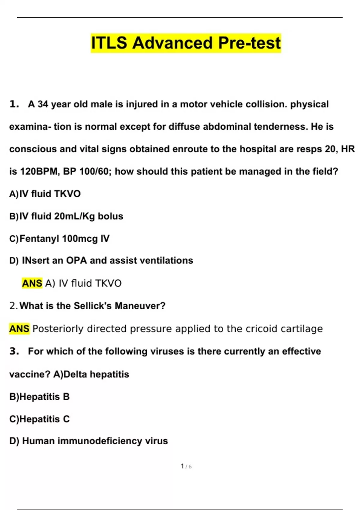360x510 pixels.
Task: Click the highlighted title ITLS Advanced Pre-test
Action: pos(186,43)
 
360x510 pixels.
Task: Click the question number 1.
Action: pos(14,104)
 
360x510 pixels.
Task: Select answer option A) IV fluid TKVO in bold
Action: pos(45,194)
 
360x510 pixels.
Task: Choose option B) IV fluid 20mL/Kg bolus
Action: pos(66,216)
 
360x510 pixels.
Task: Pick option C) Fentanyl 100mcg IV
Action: pos(59,239)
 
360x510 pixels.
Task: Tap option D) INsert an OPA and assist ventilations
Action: pos(101,260)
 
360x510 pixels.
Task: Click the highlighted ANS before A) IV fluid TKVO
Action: pos(32,283)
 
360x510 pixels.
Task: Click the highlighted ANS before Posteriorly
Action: pos(19,329)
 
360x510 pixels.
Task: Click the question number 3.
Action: pos(14,351)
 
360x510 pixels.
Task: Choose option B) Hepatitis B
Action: pos(39,397)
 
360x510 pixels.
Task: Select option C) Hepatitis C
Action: pos(39,419)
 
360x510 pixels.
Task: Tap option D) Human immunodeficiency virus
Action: pos(88,441)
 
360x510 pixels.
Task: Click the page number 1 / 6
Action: pos(186,466)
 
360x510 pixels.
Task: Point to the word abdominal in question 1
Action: pos(227,127)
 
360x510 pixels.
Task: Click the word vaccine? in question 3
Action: pos(29,374)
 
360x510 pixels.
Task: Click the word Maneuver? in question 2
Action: pos(140,306)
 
